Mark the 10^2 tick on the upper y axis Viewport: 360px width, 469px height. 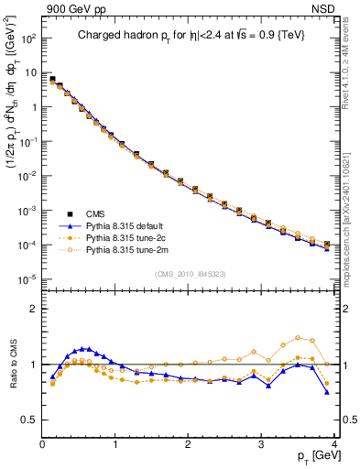click(27, 39)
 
